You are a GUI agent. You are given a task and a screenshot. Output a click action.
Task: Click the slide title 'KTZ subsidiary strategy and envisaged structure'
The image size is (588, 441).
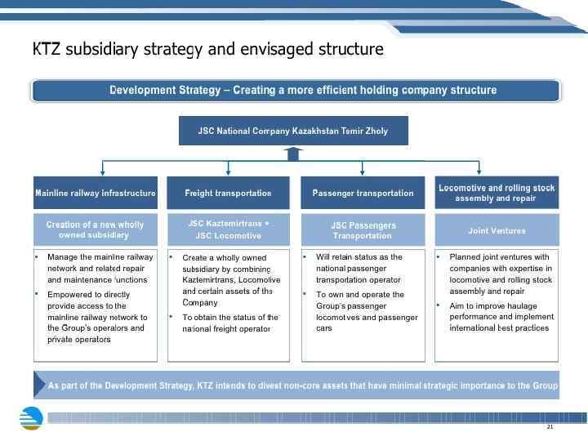point(207,49)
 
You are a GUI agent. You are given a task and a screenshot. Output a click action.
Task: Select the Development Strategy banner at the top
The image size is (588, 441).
point(295,90)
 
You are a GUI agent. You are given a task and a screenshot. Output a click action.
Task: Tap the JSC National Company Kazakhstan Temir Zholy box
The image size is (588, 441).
point(293,131)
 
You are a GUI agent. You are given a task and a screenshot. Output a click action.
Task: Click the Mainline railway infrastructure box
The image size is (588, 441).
point(96,193)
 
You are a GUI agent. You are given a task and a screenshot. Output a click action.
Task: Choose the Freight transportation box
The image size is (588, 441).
point(228,193)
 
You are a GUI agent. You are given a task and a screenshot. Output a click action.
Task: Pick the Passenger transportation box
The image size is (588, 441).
point(363,193)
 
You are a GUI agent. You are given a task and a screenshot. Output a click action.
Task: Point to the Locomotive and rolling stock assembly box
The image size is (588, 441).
point(497,193)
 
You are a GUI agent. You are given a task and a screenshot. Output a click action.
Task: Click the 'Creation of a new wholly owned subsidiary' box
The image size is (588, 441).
point(96,229)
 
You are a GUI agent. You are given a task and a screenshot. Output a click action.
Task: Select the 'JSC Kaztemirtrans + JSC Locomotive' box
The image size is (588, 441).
point(228,229)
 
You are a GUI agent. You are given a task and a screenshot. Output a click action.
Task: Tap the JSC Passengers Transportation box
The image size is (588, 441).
point(363,229)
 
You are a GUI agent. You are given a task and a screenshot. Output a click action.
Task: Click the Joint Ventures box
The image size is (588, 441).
point(497,230)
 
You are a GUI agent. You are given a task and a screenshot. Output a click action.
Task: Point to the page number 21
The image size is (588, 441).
point(550,427)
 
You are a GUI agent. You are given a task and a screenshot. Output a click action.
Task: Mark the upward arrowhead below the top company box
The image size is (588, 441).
point(293,151)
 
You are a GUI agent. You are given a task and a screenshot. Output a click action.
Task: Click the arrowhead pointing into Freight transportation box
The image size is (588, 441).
point(228,172)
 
